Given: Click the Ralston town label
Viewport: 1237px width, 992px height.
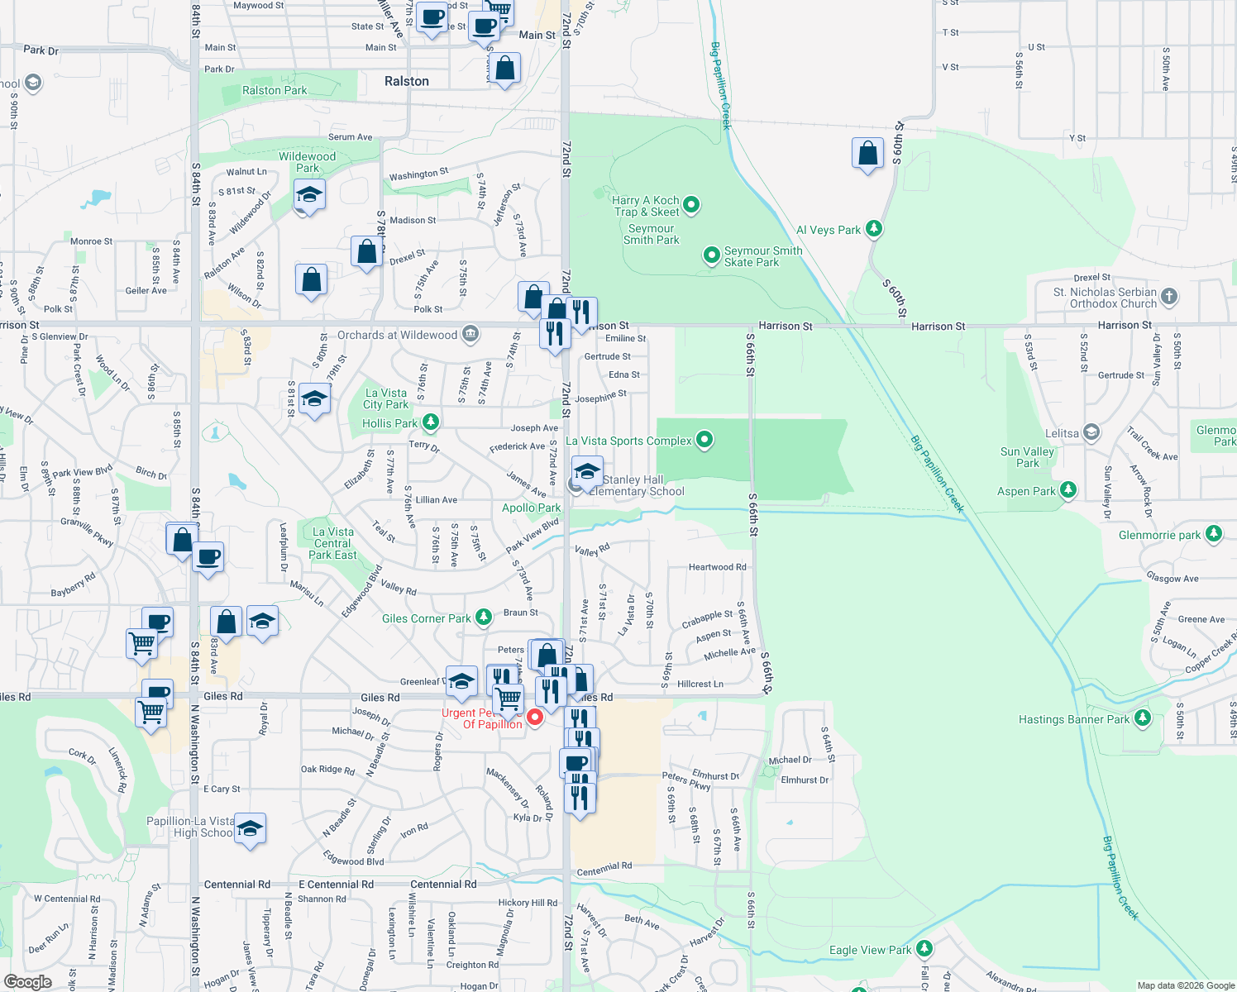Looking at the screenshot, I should (406, 81).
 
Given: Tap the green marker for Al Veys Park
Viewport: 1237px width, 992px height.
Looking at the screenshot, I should (874, 229).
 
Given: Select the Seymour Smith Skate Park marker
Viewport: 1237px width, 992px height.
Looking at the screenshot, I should (711, 255).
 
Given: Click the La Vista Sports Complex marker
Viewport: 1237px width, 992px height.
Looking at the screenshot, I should (704, 440).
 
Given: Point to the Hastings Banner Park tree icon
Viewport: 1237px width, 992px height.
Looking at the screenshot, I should (1142, 718).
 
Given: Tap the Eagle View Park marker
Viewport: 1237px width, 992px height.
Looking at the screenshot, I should (924, 948).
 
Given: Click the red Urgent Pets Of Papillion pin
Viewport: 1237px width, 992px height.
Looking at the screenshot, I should (535, 717).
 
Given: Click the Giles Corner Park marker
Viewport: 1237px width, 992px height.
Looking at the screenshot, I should (484, 617).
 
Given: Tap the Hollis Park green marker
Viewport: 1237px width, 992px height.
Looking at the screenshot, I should (430, 422).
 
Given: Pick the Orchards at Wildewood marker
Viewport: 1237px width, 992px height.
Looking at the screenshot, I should (470, 334).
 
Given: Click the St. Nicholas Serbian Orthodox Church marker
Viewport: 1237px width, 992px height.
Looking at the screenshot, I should (1168, 296).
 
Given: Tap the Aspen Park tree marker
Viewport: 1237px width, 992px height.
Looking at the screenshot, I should (1067, 490).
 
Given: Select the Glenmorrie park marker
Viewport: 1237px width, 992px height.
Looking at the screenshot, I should (1213, 534).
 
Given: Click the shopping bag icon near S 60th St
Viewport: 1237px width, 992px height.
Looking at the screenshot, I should (867, 154).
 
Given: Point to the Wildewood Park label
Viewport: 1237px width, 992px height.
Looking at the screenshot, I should (307, 162).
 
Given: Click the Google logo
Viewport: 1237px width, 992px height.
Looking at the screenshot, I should (27, 982).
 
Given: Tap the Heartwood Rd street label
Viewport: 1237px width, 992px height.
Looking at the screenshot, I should (717, 567).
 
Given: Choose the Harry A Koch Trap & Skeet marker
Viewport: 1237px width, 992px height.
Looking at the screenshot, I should (691, 204).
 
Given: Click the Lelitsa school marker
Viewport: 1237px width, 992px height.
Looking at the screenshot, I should (1091, 432).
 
